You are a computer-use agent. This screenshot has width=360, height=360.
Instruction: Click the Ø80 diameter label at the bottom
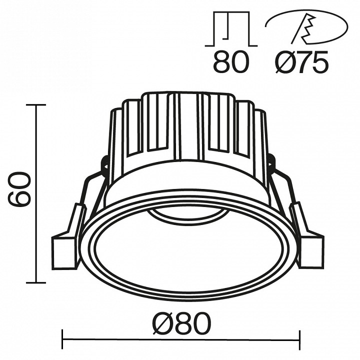[180, 325]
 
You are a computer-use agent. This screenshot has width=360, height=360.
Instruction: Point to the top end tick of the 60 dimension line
[36, 105]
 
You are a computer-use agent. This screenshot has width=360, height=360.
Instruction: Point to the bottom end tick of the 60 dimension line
[36, 282]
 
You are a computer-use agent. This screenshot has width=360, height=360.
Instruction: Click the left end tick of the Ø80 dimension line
[62, 339]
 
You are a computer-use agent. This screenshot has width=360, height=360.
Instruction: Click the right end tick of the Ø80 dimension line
[299, 339]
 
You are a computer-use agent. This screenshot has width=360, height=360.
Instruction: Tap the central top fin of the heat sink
[188, 120]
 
